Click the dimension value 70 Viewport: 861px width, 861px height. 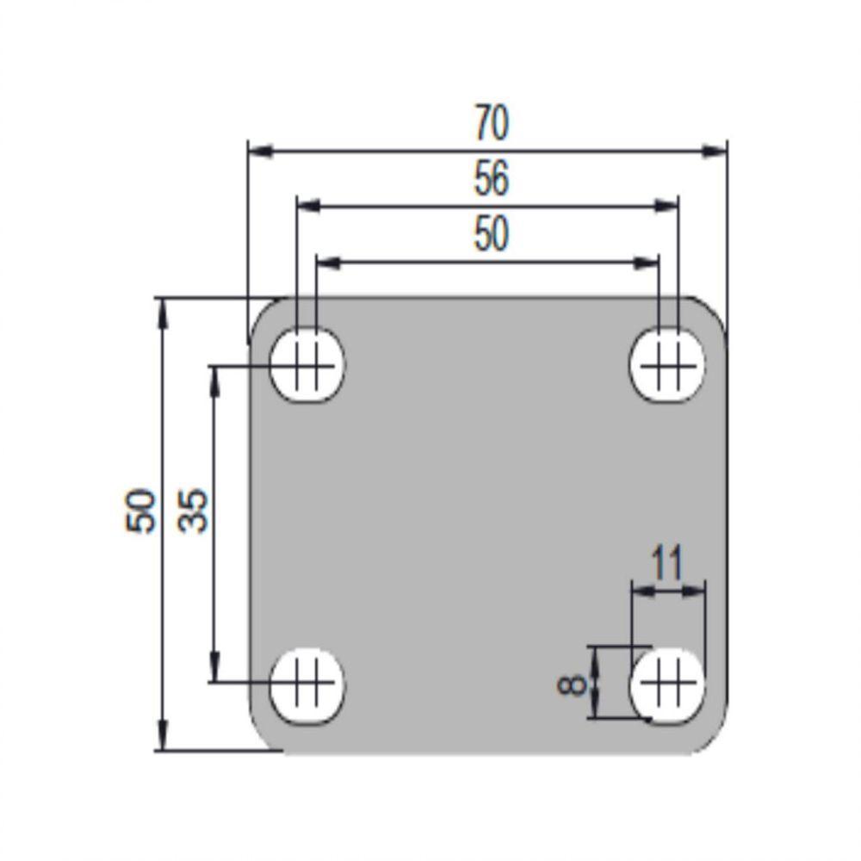tap(492, 123)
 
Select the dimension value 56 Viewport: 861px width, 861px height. tap(492, 178)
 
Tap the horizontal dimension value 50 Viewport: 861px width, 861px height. tap(492, 234)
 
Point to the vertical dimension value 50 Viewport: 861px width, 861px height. tap(140, 510)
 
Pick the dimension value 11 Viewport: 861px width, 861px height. tap(667, 563)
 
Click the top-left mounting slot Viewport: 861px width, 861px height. tap(307, 365)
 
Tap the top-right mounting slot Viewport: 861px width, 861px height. tap(667, 365)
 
